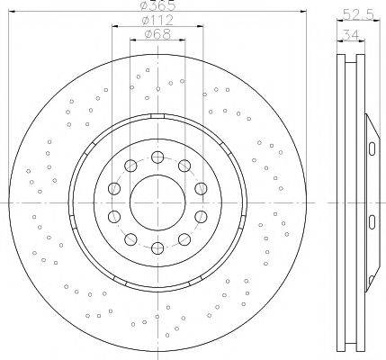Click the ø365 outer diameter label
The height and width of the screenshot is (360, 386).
coord(157,5)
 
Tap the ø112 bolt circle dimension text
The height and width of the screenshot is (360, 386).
coord(157,21)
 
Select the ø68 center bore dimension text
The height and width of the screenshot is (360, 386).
coord(157,34)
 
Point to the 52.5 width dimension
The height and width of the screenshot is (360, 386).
coord(358,14)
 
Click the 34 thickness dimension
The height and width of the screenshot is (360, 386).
coord(351,35)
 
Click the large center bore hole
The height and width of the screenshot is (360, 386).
coord(157,202)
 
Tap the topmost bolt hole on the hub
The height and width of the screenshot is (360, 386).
coord(157,157)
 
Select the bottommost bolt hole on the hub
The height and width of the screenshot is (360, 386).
coord(157,248)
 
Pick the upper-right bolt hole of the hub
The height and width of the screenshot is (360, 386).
coord(184,166)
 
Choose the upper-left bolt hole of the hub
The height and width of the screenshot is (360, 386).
coord(130,166)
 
